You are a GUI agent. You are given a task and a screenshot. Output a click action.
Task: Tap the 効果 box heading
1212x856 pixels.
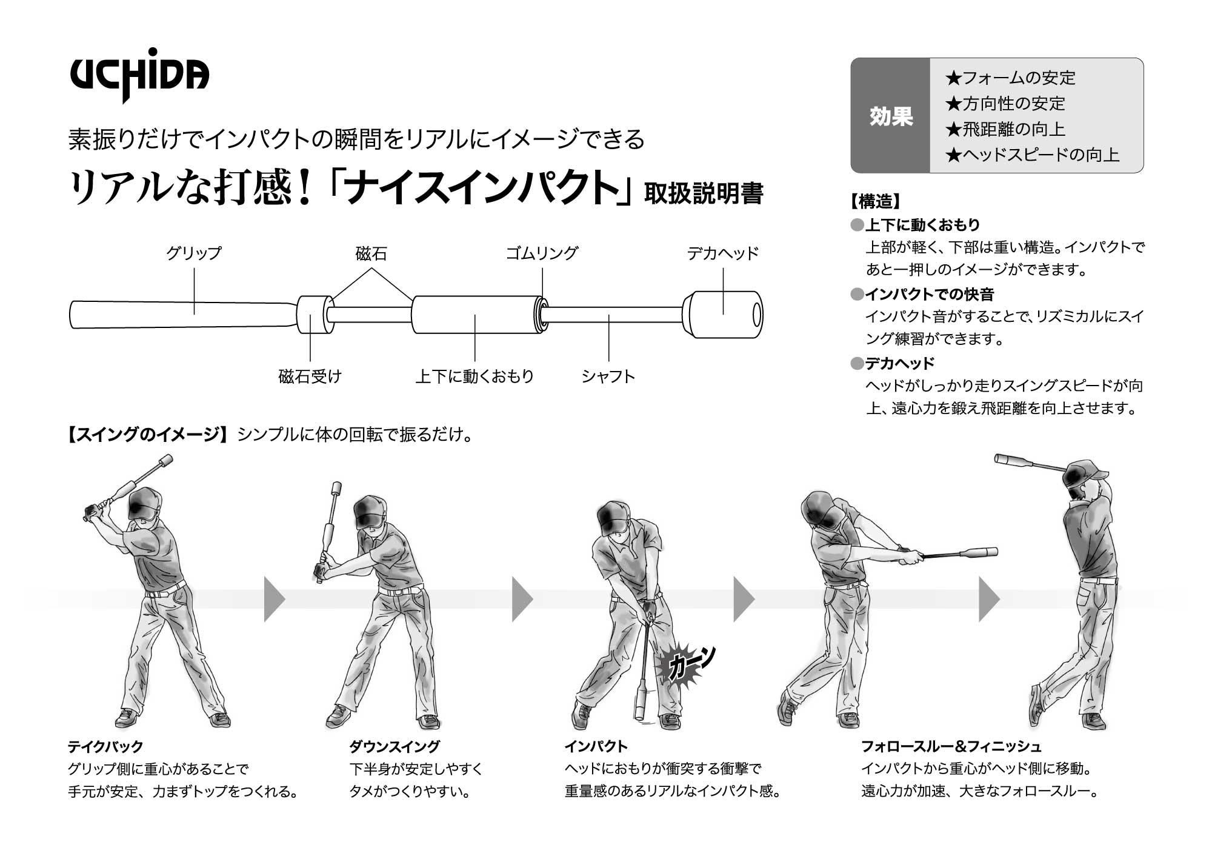click(x=891, y=116)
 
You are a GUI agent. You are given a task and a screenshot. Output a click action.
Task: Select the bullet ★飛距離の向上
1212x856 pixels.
click(x=1005, y=129)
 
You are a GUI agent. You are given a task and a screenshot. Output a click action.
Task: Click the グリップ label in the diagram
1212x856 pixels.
click(x=194, y=253)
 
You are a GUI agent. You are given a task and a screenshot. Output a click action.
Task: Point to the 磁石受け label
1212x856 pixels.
click(x=310, y=376)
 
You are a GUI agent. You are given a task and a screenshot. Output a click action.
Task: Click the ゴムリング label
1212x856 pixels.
click(x=542, y=253)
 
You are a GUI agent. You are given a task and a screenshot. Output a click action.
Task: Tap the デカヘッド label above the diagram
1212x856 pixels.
click(x=722, y=253)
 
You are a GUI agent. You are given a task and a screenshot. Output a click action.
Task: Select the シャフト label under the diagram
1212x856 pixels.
click(x=608, y=376)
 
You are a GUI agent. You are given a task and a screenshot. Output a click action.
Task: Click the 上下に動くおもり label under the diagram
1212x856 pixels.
click(x=474, y=376)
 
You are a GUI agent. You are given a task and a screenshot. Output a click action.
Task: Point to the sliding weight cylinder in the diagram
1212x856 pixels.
click(x=476, y=315)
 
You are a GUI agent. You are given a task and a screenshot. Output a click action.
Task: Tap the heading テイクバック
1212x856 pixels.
click(x=105, y=746)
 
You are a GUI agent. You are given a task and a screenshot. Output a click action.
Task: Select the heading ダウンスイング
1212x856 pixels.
click(x=394, y=746)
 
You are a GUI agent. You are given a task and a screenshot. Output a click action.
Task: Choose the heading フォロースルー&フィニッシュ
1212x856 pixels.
click(x=951, y=746)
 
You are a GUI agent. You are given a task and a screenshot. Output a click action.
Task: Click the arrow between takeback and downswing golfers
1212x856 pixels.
click(x=274, y=599)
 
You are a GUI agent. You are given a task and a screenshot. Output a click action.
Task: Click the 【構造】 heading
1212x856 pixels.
click(x=875, y=201)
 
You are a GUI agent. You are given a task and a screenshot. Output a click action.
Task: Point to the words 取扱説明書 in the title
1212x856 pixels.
click(x=703, y=194)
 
